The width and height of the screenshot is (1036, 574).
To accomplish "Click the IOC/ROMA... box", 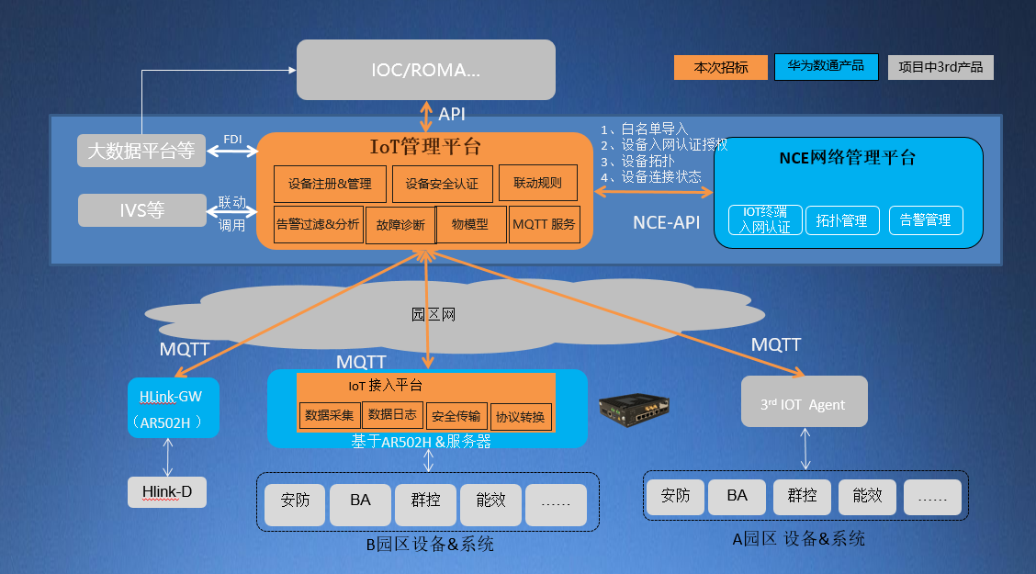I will click(426, 70).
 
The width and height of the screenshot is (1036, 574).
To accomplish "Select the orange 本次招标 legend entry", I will click(720, 68).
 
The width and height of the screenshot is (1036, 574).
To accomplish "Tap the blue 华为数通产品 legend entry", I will click(826, 67).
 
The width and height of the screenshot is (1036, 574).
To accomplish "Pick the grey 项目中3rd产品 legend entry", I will click(940, 68).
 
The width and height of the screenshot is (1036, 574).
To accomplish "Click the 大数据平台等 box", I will click(141, 151).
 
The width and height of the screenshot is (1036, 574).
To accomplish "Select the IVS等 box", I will click(141, 210).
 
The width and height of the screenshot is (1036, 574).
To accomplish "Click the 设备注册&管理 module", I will click(330, 184).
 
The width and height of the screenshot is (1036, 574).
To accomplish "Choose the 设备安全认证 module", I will click(442, 184).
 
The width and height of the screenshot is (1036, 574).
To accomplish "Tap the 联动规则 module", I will click(537, 183).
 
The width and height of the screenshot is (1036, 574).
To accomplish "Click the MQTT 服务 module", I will click(545, 225).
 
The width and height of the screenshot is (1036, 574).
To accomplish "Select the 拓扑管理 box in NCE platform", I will click(842, 220).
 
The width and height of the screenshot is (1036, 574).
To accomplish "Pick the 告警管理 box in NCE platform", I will click(926, 220).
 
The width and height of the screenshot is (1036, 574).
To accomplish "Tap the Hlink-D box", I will click(167, 492).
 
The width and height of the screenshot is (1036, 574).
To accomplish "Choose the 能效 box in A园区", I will click(868, 496).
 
